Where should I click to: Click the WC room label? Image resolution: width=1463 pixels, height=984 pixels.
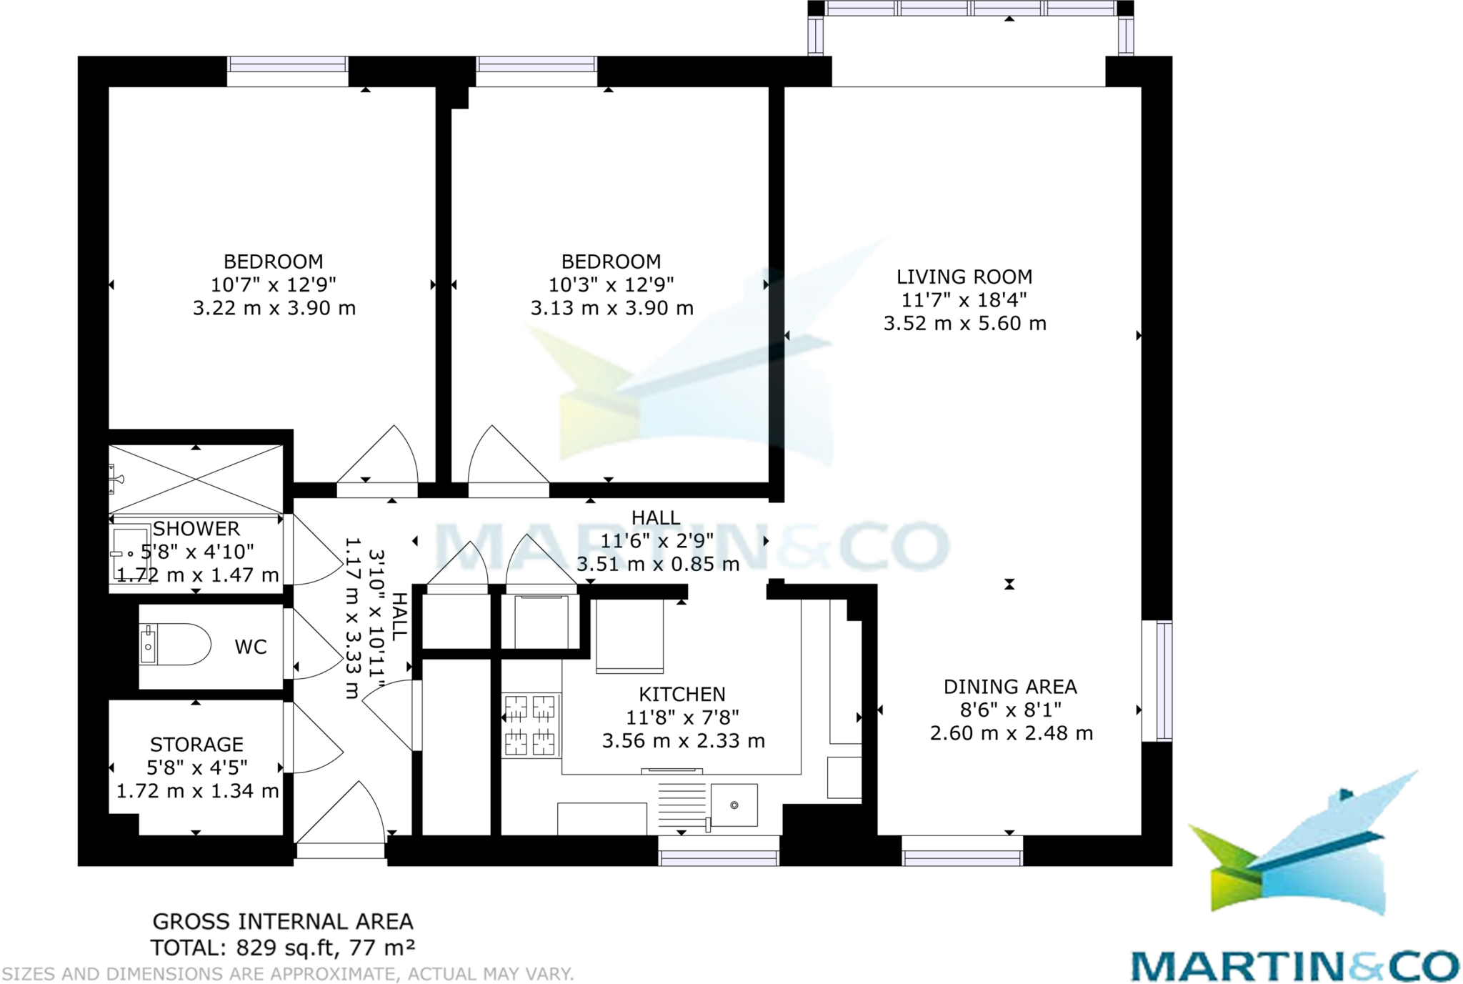(x=251, y=647)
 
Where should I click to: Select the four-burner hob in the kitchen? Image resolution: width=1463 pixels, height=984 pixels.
(x=530, y=725)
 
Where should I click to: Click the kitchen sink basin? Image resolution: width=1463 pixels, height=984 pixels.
(x=734, y=805)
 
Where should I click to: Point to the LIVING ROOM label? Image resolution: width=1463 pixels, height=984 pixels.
(x=964, y=277)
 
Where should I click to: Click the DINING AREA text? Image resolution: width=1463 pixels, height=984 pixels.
(x=1010, y=687)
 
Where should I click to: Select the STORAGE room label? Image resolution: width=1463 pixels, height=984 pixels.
(x=197, y=745)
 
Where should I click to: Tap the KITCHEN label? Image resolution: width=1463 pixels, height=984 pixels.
(x=682, y=694)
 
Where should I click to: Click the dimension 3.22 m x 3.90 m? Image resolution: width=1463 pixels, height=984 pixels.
(x=274, y=308)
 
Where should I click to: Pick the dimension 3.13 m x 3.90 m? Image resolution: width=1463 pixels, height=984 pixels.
(x=611, y=308)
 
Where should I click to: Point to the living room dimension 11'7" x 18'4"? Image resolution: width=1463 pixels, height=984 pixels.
(x=964, y=300)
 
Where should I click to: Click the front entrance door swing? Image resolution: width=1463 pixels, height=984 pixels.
(x=343, y=815)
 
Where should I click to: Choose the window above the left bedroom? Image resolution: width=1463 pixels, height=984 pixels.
(x=287, y=64)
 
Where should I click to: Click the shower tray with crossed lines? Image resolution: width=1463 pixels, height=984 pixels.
(x=196, y=479)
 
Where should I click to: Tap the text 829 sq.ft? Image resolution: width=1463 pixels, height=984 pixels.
(x=286, y=948)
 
